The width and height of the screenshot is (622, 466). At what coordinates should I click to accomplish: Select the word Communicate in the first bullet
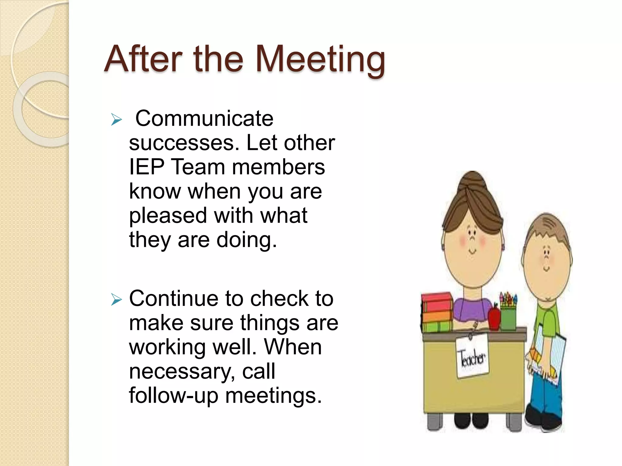[204, 118]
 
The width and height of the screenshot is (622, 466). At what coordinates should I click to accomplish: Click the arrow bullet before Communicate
[116, 120]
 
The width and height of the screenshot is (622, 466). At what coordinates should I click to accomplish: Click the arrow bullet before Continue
[116, 300]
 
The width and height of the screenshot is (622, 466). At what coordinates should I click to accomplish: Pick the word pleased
[168, 216]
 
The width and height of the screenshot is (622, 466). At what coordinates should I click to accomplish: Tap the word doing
[246, 240]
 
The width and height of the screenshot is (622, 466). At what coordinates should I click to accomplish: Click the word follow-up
[173, 396]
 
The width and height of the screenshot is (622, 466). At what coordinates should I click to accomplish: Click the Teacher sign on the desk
[473, 359]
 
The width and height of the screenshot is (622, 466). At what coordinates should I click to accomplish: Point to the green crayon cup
[508, 319]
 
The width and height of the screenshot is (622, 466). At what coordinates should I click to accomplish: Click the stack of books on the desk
[436, 312]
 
